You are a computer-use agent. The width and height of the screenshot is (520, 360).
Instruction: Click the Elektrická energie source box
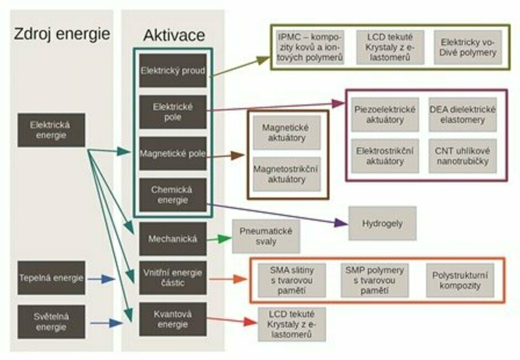51,130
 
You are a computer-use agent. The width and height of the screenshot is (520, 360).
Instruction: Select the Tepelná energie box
51,278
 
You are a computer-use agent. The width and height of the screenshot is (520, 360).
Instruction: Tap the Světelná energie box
51,322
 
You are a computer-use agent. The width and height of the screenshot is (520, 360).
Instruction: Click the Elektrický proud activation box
173,71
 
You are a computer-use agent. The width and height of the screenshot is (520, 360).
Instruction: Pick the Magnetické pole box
173,153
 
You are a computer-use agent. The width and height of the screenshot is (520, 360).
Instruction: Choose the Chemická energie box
173,195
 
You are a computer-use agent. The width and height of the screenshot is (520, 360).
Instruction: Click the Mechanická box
173,239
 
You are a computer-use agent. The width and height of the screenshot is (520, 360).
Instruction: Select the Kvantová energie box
173,319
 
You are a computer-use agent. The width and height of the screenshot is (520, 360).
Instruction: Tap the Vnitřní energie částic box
173,278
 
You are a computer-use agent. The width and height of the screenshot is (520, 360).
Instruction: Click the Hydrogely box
382,224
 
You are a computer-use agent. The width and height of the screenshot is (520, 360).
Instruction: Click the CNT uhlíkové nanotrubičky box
462,156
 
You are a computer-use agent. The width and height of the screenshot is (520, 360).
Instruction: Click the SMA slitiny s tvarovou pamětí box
292,280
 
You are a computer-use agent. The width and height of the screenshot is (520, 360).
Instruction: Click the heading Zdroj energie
61,34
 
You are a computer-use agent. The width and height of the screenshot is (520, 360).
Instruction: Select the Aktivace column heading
173,35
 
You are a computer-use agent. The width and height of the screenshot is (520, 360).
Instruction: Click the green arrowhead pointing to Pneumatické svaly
226,239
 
